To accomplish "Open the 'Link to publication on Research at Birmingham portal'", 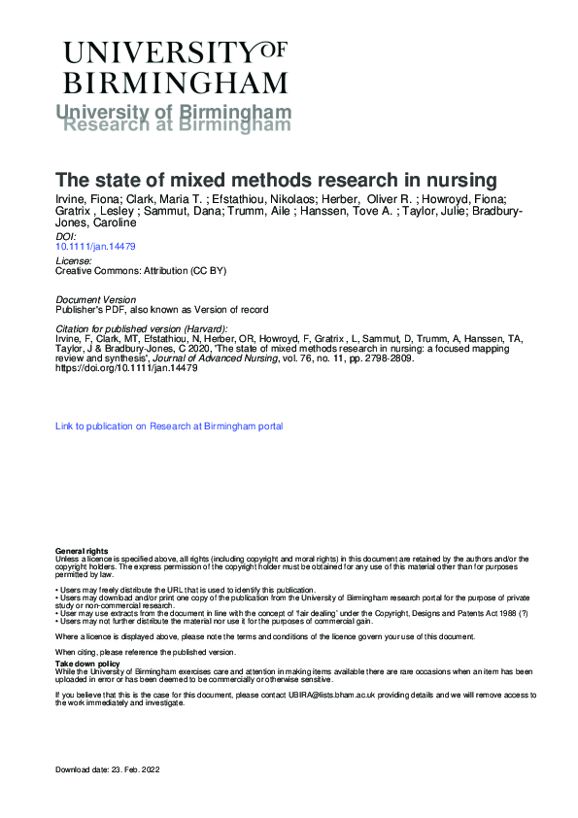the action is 169,426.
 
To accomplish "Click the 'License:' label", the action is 75,261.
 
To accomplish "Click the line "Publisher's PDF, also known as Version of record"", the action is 161,309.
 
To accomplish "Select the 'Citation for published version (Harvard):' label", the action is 142,328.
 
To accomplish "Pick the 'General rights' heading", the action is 82,551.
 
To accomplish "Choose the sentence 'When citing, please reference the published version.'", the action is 146,651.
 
